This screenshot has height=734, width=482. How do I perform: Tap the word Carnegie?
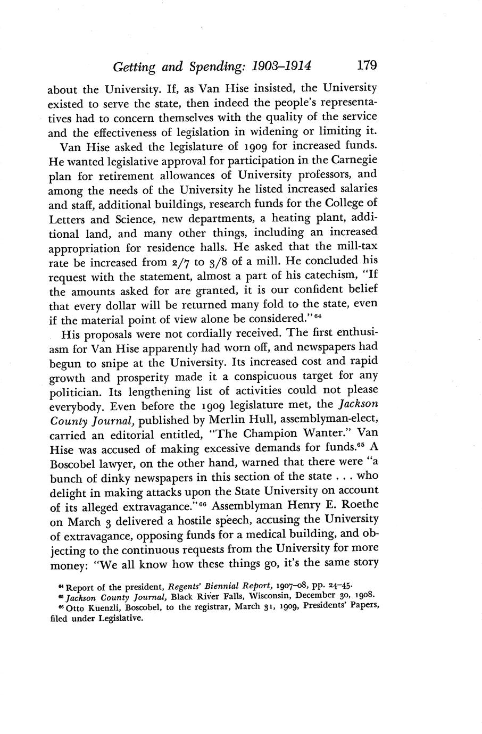pyautogui.click(x=354, y=160)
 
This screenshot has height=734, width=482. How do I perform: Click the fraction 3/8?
pyautogui.click(x=223, y=262)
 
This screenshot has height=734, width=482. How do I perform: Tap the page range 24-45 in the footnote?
pyautogui.click(x=336, y=587)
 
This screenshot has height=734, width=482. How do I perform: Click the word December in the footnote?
pyautogui.click(x=312, y=597)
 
